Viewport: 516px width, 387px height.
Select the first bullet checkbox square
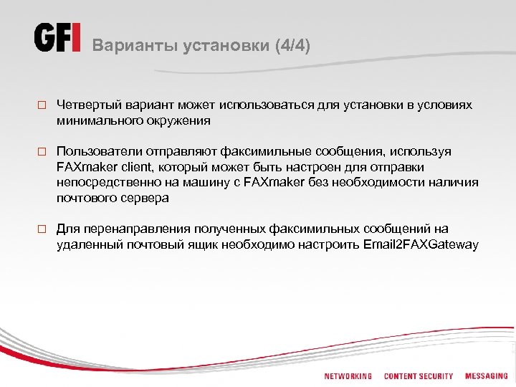point(42,106)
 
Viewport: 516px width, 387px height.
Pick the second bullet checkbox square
point(42,152)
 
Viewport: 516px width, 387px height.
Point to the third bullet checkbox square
point(42,229)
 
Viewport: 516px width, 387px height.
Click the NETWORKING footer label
point(348,376)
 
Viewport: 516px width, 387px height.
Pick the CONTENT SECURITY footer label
point(419,376)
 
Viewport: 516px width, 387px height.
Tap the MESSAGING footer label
point(487,376)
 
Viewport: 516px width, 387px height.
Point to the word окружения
point(180,120)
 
